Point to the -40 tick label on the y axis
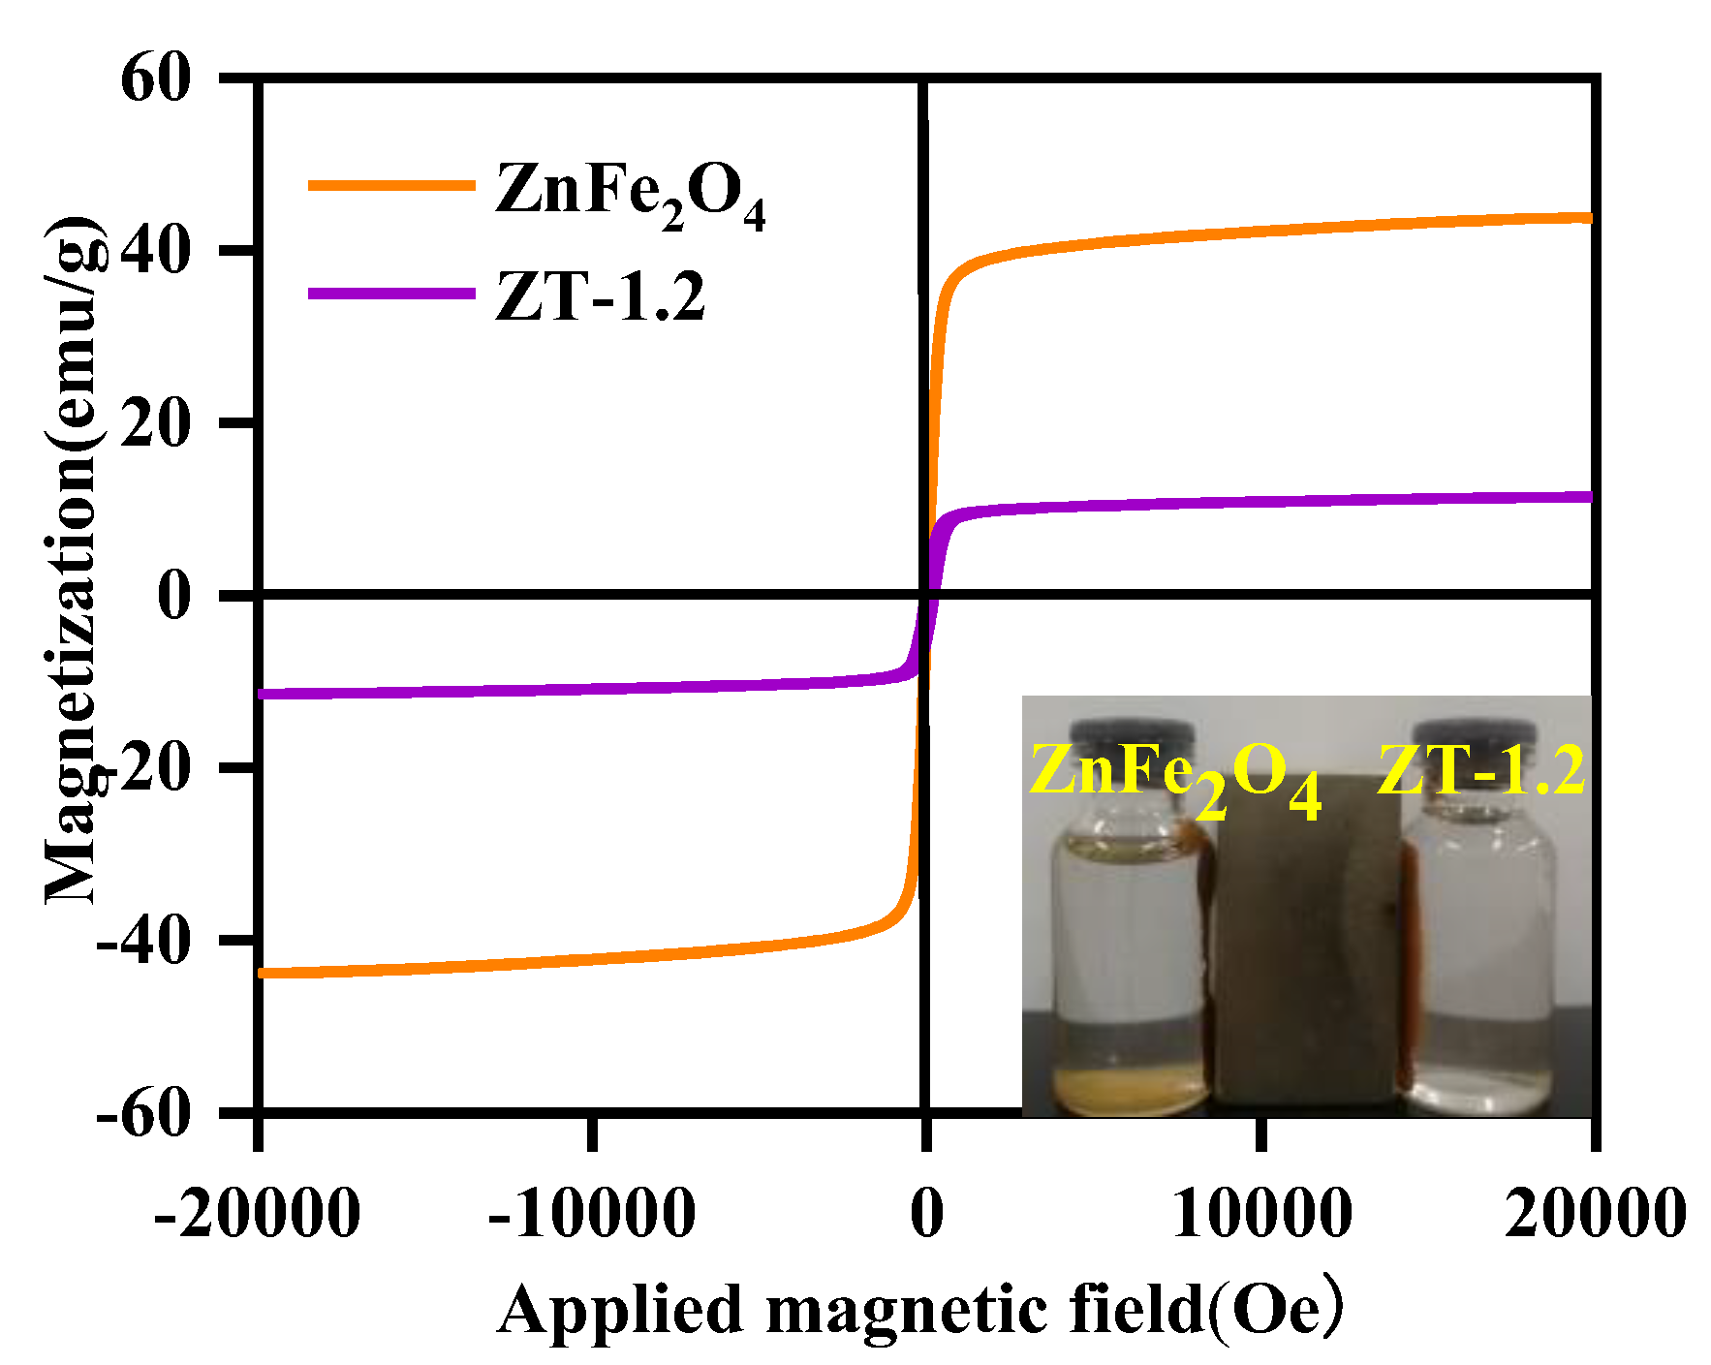click(143, 940)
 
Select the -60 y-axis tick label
click(143, 1114)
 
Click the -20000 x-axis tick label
click(258, 1213)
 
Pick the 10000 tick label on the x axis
click(1261, 1213)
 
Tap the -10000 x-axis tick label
click(592, 1213)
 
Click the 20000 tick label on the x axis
click(1595, 1213)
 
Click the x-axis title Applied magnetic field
click(920, 1310)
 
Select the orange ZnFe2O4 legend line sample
click(391, 185)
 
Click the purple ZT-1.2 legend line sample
click(391, 293)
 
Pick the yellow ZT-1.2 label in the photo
click(1481, 771)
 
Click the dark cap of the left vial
click(1133, 736)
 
